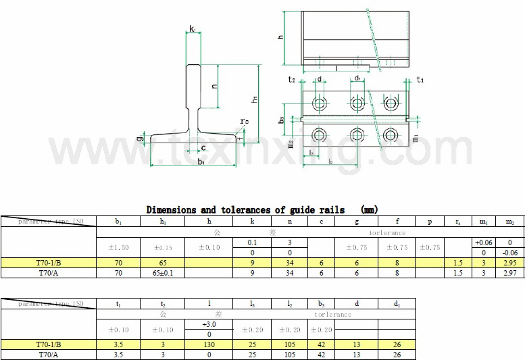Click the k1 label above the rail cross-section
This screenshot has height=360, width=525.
(193, 30)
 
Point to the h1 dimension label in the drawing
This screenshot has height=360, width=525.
(254, 99)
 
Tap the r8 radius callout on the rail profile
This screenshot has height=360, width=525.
(243, 122)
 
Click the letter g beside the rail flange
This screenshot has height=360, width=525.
(139, 138)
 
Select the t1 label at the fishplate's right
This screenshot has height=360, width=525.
(420, 80)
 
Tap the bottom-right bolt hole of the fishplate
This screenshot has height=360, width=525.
(390, 134)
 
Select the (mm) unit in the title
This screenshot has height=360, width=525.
(370, 210)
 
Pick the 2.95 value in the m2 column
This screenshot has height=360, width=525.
(509, 263)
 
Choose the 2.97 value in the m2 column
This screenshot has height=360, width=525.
(509, 273)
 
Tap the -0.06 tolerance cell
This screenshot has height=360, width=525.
(509, 253)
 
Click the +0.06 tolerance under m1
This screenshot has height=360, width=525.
(483, 242)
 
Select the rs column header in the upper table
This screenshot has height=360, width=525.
(458, 221)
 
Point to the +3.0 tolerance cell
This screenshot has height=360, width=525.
(209, 325)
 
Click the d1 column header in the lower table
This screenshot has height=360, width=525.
(396, 304)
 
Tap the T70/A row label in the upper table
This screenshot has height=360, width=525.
(48, 273)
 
